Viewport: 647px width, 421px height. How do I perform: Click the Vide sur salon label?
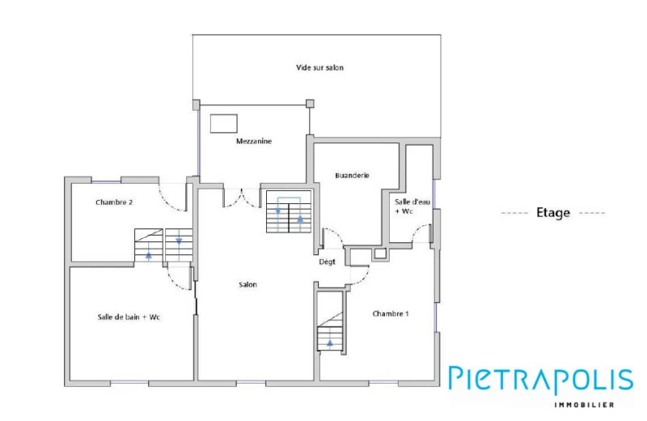pos(319,68)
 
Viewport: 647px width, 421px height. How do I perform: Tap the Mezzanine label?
pos(254,142)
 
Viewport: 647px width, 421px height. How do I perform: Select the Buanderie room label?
pos(352,176)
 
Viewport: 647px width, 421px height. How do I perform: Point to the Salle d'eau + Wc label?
pos(412,206)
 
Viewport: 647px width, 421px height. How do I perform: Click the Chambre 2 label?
pos(114,202)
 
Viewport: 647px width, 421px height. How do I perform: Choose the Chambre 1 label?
pos(391,314)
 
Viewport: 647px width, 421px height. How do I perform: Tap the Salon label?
pos(247,285)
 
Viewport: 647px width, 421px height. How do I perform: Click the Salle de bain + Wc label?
pos(129,317)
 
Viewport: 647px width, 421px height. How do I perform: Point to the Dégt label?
pos(328,262)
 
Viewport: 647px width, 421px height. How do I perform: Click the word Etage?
pos(553,213)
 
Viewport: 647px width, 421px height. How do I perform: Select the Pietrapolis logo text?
pos(541,380)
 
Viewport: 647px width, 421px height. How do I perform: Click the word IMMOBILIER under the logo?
pos(584,405)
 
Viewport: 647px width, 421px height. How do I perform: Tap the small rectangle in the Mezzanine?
pos(224,124)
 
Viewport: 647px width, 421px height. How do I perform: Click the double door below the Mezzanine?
pos(242,198)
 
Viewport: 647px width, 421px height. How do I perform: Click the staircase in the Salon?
pos(289,211)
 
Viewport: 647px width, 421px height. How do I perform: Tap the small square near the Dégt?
pos(380,253)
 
